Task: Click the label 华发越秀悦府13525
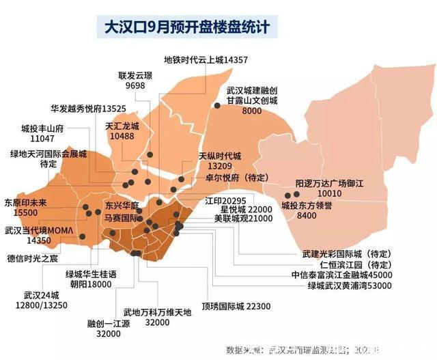(x=88, y=108)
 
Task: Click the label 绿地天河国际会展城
(x=48, y=159)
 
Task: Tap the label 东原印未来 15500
(x=26, y=208)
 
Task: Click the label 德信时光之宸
(x=33, y=258)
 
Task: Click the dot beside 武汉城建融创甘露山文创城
(x=217, y=105)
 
